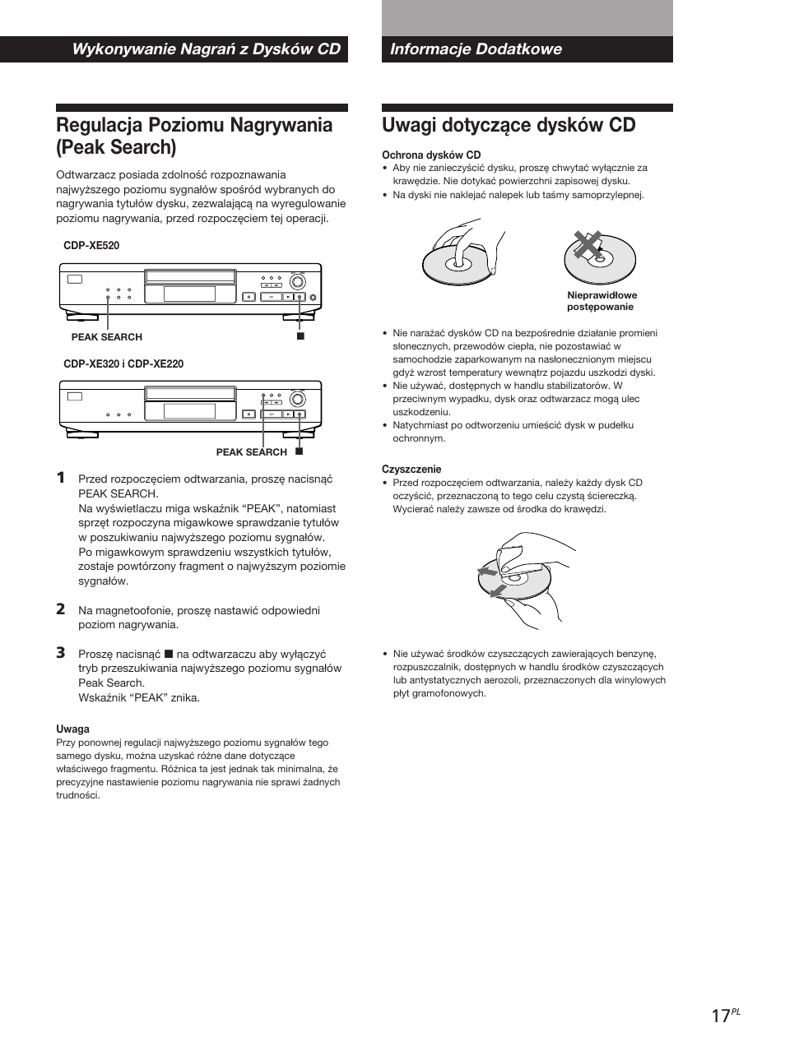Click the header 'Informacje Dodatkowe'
click(476, 49)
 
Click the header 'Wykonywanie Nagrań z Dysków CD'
click(206, 49)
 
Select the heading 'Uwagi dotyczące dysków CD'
click(509, 125)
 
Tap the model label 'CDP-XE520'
click(91, 246)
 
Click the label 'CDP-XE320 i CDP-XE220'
click(123, 363)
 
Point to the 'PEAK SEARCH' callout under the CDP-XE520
click(106, 337)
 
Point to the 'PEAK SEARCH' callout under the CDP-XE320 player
click(251, 452)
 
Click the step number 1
click(61, 478)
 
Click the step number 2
click(61, 609)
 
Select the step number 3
click(61, 652)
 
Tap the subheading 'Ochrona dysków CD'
click(430, 155)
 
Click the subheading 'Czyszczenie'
click(411, 470)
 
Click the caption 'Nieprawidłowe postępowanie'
click(602, 301)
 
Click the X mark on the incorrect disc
click(587, 244)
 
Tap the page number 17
click(721, 1016)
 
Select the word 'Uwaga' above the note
click(72, 729)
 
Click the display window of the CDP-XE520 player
click(189, 294)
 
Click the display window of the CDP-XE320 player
click(189, 411)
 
